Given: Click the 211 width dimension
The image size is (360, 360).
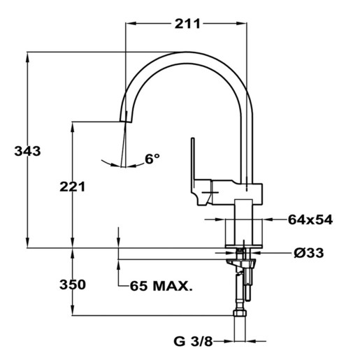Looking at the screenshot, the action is coord(187,24).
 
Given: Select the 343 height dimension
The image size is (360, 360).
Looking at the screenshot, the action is coord(27,151).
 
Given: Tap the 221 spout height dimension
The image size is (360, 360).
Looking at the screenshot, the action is coord(73,187).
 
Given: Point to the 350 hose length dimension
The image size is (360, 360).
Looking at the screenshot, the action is coord(73,285).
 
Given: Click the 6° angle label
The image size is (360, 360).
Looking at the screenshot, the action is coord(152,159).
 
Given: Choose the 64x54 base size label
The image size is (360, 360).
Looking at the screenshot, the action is coord(310,219).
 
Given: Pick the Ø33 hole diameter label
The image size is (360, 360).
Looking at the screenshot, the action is coord(309,252).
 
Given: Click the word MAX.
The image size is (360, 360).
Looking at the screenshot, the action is coord(173,286).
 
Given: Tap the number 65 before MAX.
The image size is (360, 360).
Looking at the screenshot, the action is coord(138,286).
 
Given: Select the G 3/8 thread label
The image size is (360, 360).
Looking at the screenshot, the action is coord(193,342).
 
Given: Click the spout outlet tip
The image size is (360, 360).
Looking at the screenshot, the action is coord(126,122).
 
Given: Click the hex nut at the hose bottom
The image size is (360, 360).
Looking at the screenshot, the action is coord(240,313).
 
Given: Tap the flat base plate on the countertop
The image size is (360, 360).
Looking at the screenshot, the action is coord(244,246).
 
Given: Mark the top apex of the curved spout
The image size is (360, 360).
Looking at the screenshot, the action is coord(187,52).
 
